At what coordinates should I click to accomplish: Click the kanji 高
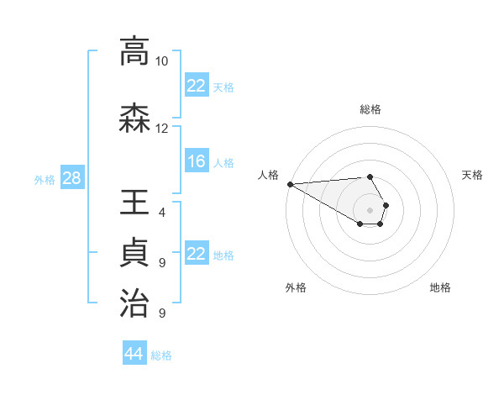[134, 51]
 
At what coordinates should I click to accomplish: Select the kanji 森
[134, 118]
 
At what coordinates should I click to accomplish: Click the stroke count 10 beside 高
[161, 61]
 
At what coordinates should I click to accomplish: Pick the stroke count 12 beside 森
[161, 129]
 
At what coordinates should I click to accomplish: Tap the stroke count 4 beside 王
[161, 213]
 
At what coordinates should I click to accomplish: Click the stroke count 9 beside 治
[161, 313]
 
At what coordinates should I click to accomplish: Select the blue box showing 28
[71, 178]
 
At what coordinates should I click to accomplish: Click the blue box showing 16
[197, 161]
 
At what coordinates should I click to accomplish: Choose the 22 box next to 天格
[197, 85]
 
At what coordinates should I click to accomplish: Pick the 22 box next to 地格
[197, 254]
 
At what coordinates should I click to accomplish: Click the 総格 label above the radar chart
[370, 109]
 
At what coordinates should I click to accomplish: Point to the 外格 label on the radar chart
[296, 287]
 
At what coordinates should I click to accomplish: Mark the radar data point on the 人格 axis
[290, 184]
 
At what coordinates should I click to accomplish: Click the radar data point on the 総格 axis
[370, 176]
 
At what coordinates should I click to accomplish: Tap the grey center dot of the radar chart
[370, 209]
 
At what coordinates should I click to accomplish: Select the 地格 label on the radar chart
[440, 287]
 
